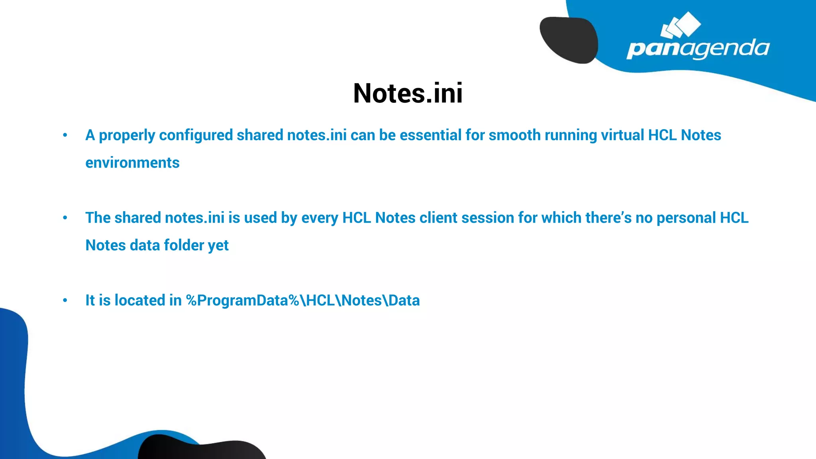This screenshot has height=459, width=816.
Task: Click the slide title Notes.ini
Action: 408,94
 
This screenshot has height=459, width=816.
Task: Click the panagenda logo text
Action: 698,49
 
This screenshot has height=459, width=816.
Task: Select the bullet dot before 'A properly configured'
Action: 65,135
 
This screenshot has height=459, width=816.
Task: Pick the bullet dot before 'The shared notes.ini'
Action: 65,218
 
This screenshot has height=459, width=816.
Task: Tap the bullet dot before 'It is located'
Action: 65,300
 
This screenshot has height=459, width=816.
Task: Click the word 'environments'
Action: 132,163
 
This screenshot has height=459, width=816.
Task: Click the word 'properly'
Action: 127,136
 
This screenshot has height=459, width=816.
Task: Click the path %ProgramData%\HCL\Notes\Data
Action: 303,300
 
